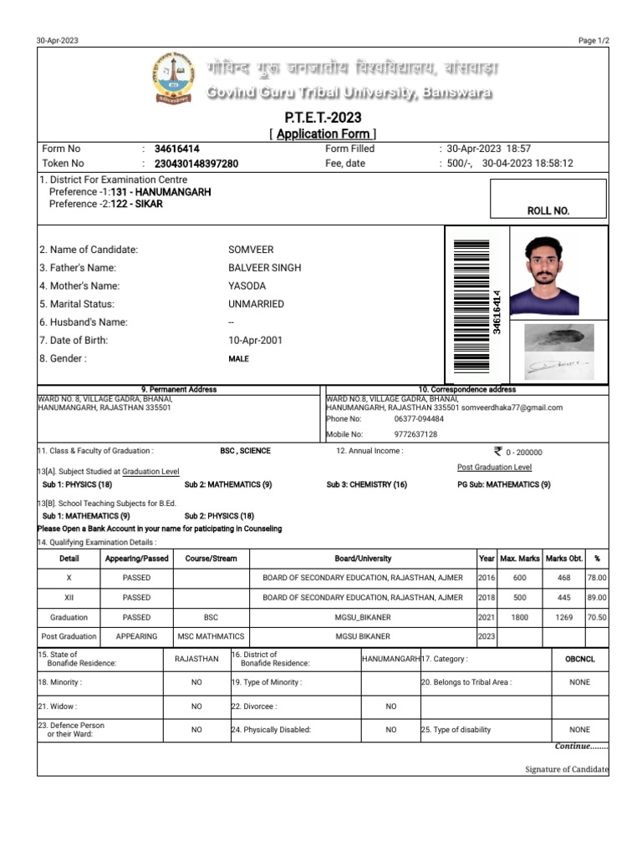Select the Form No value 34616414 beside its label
click(177, 149)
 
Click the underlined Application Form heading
click(324, 134)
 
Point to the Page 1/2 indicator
click(593, 41)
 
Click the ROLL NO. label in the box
click(548, 211)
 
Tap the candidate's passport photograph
click(543, 274)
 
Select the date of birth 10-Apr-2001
click(255, 341)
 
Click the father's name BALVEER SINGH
click(265, 268)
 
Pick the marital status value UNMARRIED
click(256, 304)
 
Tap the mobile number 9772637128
click(415, 434)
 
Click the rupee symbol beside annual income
click(498, 451)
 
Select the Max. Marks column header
click(519, 559)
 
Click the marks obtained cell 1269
click(563, 617)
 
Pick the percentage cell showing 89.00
click(597, 598)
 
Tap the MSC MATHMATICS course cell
click(211, 636)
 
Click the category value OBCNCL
click(579, 659)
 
